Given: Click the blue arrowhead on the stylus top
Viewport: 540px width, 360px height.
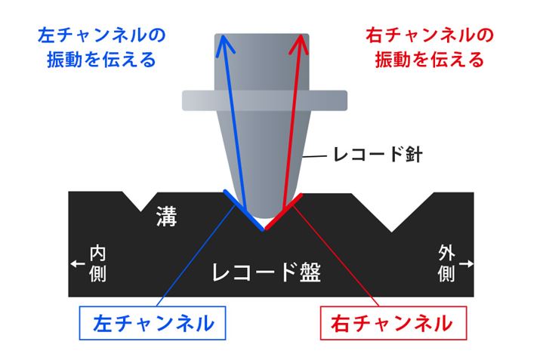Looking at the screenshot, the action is pyautogui.click(x=224, y=44).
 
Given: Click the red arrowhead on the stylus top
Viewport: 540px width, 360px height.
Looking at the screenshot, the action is pyautogui.click(x=300, y=44).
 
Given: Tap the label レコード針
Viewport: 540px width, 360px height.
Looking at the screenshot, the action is pyautogui.click(x=378, y=155).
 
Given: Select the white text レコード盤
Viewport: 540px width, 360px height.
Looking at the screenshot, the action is pyautogui.click(x=267, y=272).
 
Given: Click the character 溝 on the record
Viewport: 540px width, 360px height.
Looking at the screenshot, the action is pyautogui.click(x=167, y=217).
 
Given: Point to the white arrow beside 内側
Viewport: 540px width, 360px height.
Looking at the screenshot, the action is pyautogui.click(x=78, y=263).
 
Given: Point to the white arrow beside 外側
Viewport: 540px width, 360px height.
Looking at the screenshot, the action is pyautogui.click(x=467, y=263).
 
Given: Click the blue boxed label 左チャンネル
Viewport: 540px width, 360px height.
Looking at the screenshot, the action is pyautogui.click(x=153, y=323).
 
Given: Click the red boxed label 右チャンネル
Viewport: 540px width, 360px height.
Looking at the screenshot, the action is pyautogui.click(x=393, y=323).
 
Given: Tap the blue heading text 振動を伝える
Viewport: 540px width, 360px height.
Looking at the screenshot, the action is pyautogui.click(x=102, y=60).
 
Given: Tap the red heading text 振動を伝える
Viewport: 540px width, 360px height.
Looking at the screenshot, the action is pyautogui.click(x=430, y=60).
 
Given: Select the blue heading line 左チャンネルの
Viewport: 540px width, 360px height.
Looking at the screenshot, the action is pyautogui.click(x=102, y=35).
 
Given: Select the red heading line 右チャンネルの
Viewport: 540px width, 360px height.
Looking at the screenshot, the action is pyautogui.click(x=430, y=35).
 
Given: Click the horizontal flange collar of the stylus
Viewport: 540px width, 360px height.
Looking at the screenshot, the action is pyautogui.click(x=264, y=100).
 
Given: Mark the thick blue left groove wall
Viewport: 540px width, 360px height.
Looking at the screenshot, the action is pyautogui.click(x=243, y=210).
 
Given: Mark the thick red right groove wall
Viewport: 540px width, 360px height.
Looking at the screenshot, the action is pyautogui.click(x=283, y=211).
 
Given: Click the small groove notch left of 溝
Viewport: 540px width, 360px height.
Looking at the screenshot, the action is pyautogui.click(x=140, y=202).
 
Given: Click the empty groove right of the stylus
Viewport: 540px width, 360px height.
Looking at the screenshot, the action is pyautogui.click(x=392, y=212).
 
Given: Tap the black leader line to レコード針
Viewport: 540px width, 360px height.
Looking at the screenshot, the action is pyautogui.click(x=314, y=156).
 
